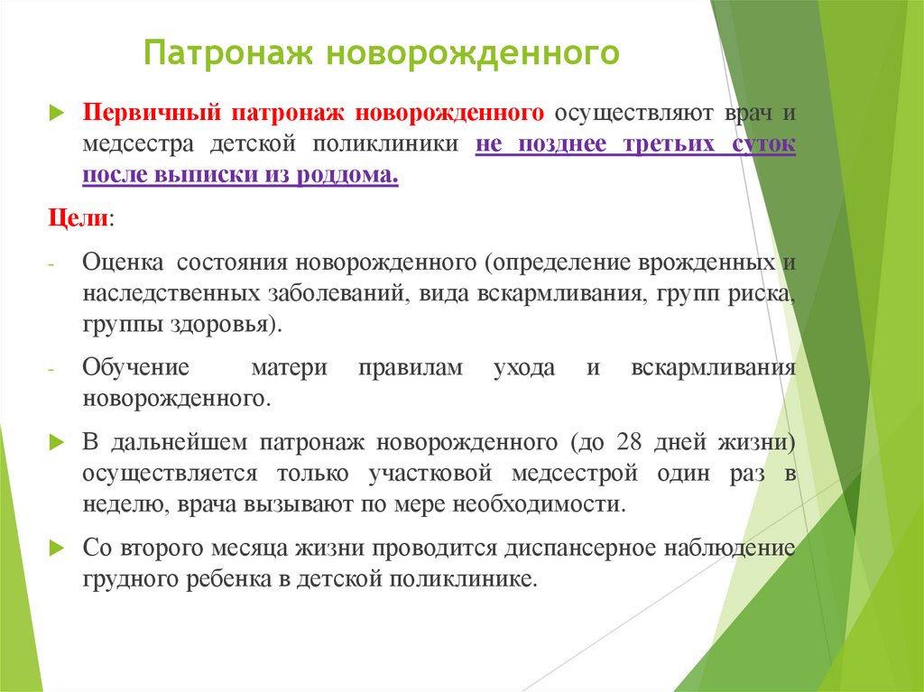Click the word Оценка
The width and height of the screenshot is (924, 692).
(123, 263)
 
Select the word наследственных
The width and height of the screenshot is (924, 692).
(171, 294)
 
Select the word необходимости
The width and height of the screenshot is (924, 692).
(538, 503)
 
